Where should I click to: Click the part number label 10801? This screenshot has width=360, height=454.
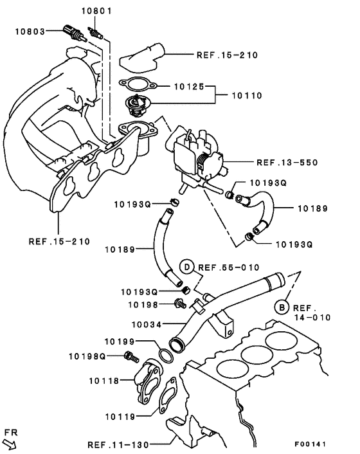click(x=96, y=11)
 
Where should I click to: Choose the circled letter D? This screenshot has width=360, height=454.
click(x=186, y=266)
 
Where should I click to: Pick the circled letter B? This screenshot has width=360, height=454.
click(x=282, y=307)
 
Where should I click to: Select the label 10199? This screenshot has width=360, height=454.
click(x=120, y=340)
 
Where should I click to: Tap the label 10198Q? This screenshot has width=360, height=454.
click(x=87, y=356)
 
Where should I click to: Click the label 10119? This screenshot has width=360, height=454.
click(x=120, y=417)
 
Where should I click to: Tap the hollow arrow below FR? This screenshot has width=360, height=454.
click(x=10, y=442)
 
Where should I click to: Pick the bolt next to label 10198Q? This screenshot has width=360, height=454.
click(x=131, y=355)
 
